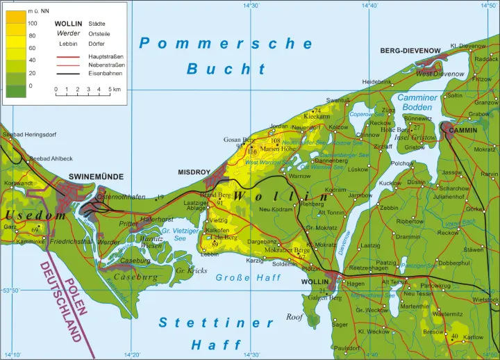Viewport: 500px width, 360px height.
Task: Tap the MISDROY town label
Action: (x=194, y=172)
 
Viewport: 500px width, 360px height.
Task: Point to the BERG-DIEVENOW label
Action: (x=410, y=51)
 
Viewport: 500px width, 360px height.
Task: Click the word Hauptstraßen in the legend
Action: (x=106, y=55)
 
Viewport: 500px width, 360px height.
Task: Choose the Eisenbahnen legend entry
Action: (x=105, y=73)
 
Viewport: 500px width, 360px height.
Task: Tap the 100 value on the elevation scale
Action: (x=32, y=24)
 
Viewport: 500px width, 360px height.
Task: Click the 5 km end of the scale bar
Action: (x=113, y=90)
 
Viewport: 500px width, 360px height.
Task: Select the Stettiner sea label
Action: (x=217, y=322)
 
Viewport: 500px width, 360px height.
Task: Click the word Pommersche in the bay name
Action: (x=227, y=44)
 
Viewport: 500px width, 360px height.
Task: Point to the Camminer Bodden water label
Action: (x=417, y=103)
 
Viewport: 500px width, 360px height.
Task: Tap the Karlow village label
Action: (x=473, y=337)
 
